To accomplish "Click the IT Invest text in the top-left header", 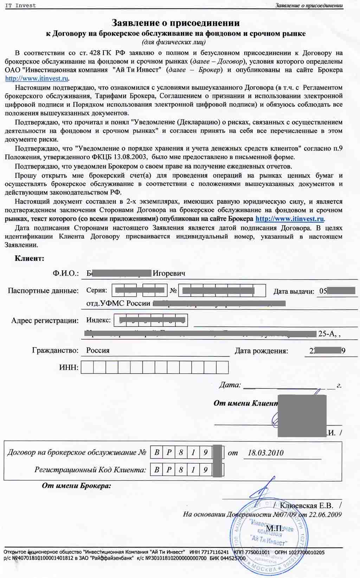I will pyautogui.click(x=20, y=6).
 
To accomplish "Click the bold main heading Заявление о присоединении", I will pyautogui.click(x=175, y=23).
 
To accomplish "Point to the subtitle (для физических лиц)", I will pyautogui.click(x=174, y=42).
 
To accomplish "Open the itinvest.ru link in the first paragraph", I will pyautogui.click(x=37, y=78).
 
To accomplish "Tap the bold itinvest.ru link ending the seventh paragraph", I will pyautogui.click(x=290, y=219).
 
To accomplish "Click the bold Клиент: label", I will pyautogui.click(x=30, y=258).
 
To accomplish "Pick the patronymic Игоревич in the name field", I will pyautogui.click(x=169, y=273).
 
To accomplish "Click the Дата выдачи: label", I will pyautogui.click(x=294, y=291).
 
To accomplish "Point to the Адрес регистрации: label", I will pyautogui.click(x=45, y=320).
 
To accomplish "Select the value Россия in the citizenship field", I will pyautogui.click(x=98, y=350).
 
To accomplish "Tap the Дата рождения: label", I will pyautogui.click(x=261, y=351).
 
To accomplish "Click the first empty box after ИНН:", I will pyautogui.click(x=87, y=368).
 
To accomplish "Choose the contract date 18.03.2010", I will pyautogui.click(x=265, y=453).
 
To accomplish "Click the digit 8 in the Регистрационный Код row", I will pyautogui.click(x=181, y=470).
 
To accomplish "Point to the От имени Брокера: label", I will pyautogui.click(x=76, y=486).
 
